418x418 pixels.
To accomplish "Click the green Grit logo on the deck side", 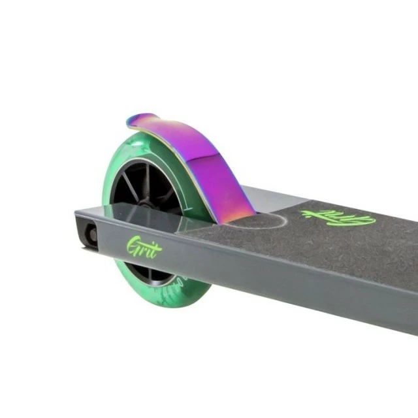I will tap(143, 247).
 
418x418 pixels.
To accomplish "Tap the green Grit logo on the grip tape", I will tap(338, 218).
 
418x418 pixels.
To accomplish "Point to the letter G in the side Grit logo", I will tap(133, 246).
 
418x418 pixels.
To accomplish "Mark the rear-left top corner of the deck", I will tap(77, 211).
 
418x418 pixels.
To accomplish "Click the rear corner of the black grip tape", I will tap(193, 231).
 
